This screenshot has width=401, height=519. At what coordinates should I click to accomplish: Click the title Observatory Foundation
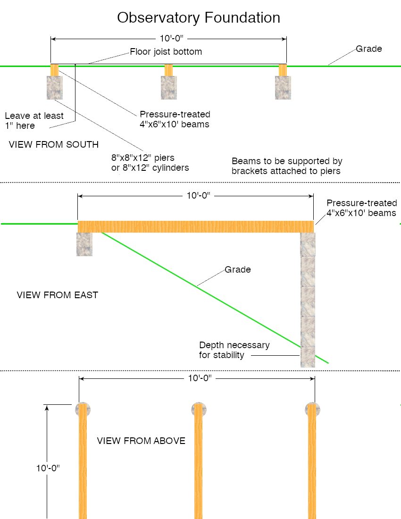pyautogui.click(x=199, y=18)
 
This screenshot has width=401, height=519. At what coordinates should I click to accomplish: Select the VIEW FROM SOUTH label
pyautogui.click(x=54, y=144)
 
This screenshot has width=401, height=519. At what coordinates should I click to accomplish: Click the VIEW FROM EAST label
pyautogui.click(x=58, y=295)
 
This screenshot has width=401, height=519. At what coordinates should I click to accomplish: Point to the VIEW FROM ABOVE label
pyautogui.click(x=141, y=441)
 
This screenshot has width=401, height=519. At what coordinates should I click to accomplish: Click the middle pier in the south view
pyautogui.click(x=168, y=87)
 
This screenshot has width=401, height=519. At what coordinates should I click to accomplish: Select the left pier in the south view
pyautogui.click(x=54, y=87)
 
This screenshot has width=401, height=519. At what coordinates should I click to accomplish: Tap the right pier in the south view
pyautogui.click(x=283, y=87)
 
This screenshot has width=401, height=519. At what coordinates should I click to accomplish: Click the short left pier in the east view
pyautogui.click(x=84, y=244)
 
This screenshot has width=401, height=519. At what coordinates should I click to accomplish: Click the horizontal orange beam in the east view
pyautogui.click(x=195, y=226)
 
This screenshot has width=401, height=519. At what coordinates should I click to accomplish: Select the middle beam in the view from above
pyautogui.click(x=198, y=462)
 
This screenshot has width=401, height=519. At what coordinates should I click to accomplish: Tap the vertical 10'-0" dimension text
pyautogui.click(x=48, y=469)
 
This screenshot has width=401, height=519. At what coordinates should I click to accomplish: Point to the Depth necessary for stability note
pyautogui.click(x=234, y=350)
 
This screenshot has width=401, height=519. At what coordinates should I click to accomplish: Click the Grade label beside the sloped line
pyautogui.click(x=237, y=270)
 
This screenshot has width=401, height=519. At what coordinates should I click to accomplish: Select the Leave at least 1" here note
pyautogui.click(x=34, y=120)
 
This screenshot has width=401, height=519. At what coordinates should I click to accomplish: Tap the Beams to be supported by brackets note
pyautogui.click(x=287, y=166)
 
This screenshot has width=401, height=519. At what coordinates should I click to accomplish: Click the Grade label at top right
pyautogui.click(x=368, y=49)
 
